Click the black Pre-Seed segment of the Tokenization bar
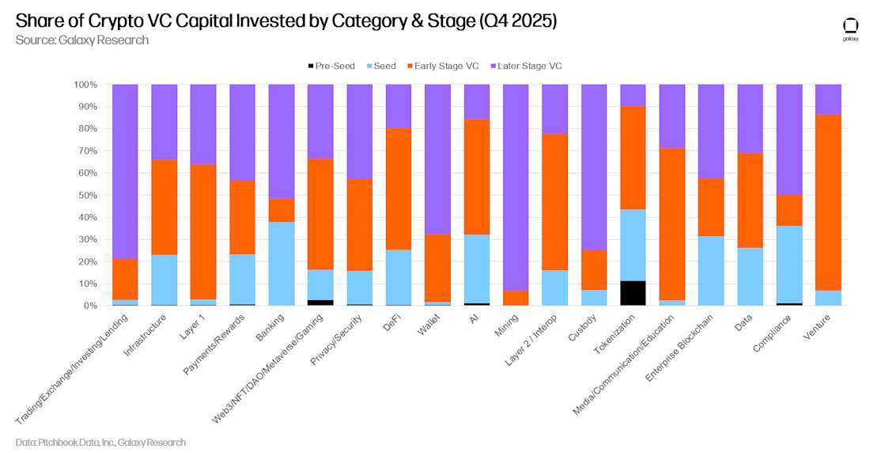coord(633,293)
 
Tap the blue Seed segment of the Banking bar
coord(282,263)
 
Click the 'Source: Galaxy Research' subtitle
coord(81,40)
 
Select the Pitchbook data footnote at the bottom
coord(100,442)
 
